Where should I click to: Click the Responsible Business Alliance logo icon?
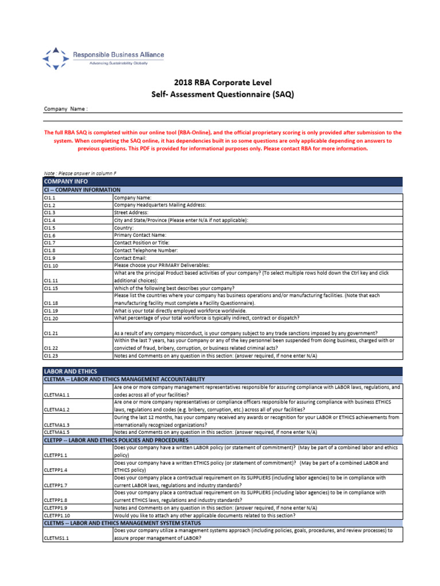click(56, 58)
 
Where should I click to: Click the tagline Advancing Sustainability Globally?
click(117, 64)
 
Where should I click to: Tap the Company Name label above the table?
click(66, 109)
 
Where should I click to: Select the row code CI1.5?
click(50, 228)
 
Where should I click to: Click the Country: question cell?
click(124, 228)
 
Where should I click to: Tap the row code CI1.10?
click(51, 266)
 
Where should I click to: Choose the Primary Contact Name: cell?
click(140, 235)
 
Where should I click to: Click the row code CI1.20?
click(51, 318)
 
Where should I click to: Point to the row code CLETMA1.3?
click(57, 425)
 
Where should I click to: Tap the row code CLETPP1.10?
click(58, 515)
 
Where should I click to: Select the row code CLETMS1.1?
click(57, 539)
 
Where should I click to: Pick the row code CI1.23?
click(51, 355)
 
